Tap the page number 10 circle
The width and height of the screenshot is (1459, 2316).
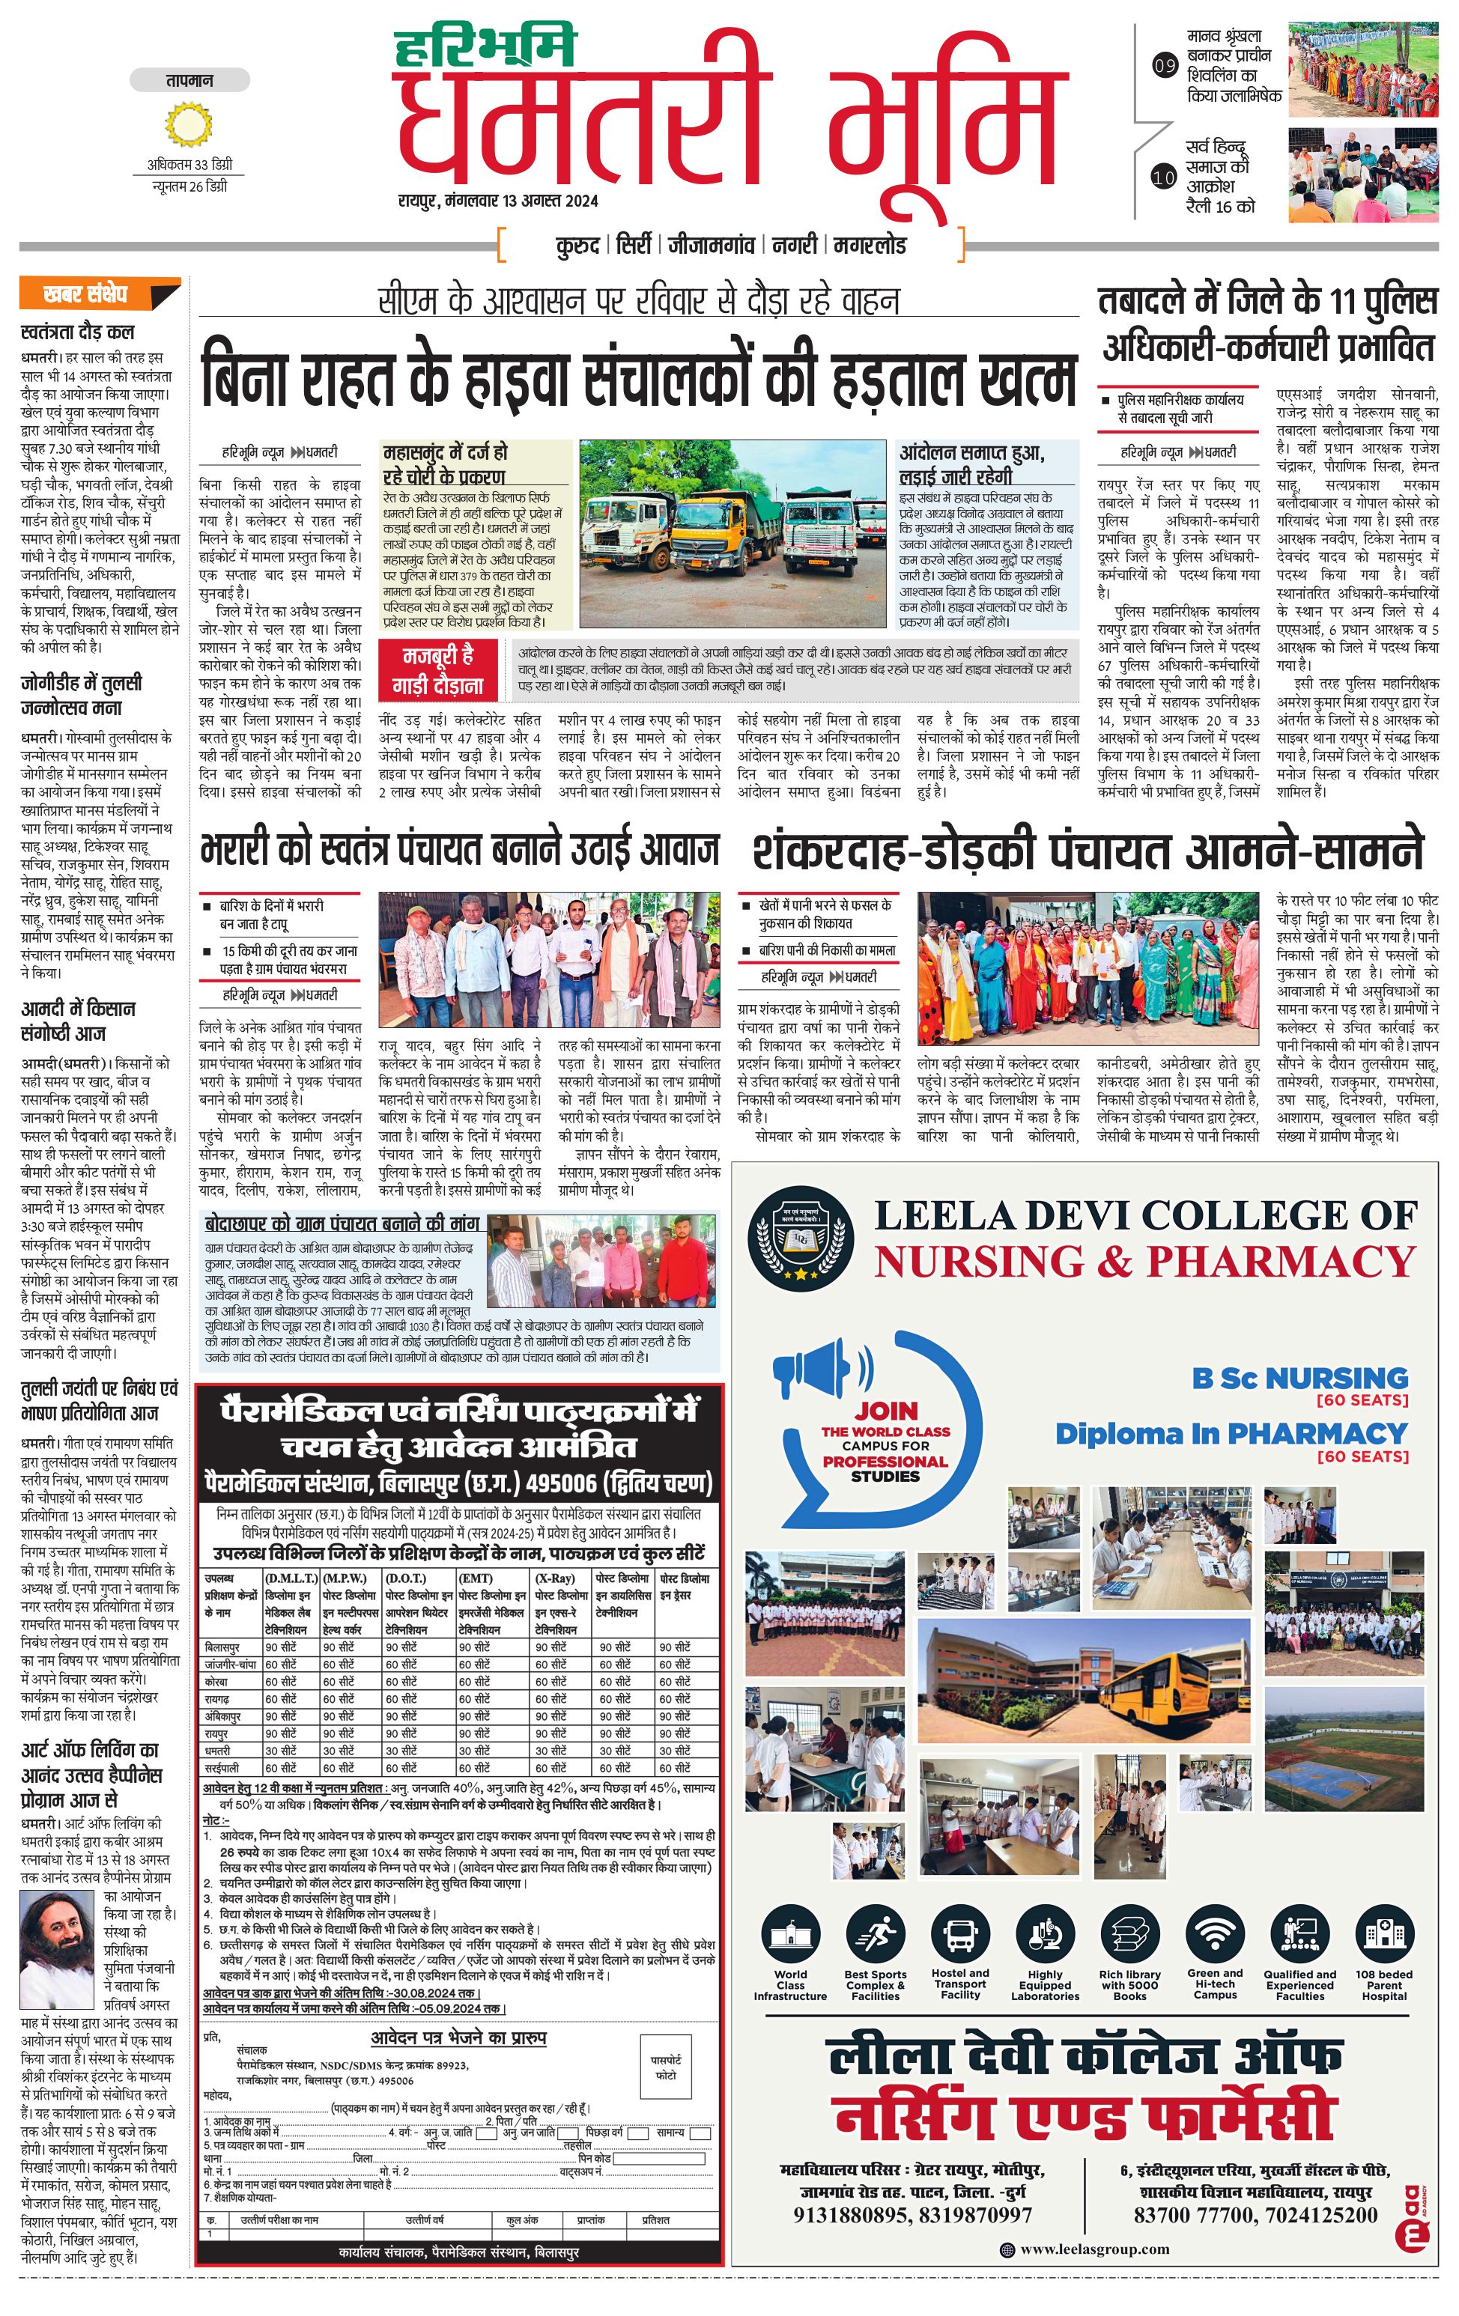[1164, 177]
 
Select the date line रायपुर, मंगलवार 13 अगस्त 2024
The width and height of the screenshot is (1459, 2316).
[498, 201]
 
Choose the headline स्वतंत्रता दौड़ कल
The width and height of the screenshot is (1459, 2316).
[78, 332]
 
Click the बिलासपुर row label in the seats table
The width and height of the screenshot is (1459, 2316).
[223, 1647]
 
